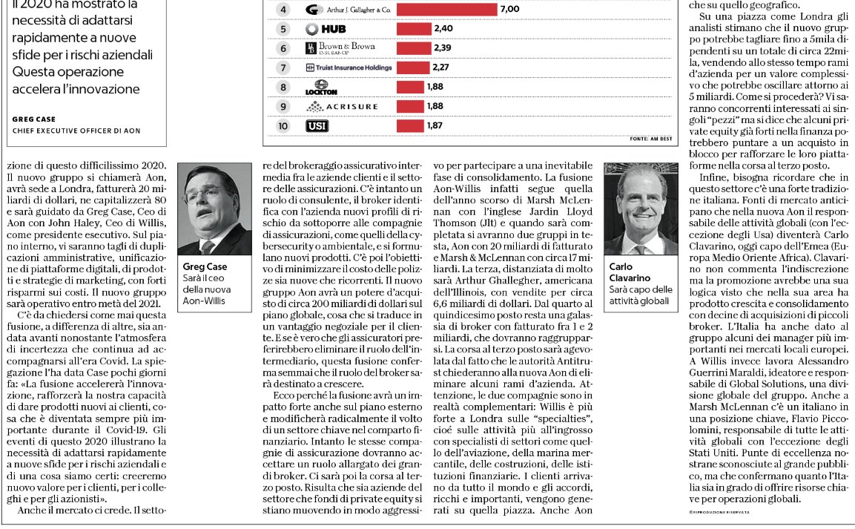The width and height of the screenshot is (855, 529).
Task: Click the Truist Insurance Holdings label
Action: (349, 68)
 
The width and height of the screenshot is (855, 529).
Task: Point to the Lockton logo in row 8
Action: (321, 87)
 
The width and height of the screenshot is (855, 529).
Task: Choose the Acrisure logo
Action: (342, 106)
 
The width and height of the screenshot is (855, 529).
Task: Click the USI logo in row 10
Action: (317, 125)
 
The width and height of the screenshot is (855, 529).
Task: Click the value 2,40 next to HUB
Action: (443, 29)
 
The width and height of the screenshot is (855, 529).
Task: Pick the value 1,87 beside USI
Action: (435, 125)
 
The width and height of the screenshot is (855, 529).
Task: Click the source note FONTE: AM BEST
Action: (650, 139)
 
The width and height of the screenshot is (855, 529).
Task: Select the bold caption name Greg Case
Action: (205, 266)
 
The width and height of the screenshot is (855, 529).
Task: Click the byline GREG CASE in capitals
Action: (34, 119)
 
